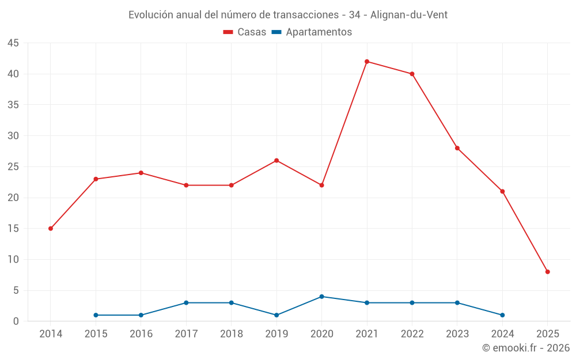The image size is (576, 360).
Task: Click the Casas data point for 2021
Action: point(367,62)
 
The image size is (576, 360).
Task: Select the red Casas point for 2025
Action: point(547,272)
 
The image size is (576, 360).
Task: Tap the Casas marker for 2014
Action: point(51,229)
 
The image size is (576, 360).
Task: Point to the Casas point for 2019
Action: point(276,161)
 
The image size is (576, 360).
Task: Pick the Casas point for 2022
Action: point(412,74)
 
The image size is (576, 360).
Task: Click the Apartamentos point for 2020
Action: point(321,297)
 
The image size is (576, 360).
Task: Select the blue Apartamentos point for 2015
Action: point(96,315)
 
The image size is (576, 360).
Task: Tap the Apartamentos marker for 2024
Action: point(502,315)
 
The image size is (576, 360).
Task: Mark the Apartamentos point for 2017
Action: point(186,303)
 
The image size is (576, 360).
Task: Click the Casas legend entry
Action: point(245,32)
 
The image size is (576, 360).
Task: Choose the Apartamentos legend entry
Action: point(312,32)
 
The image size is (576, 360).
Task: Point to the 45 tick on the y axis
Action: point(13,43)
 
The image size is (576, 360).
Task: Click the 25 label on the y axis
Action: point(13,167)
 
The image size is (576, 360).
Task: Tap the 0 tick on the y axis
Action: point(16,321)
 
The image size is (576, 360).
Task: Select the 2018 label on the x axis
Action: point(231,334)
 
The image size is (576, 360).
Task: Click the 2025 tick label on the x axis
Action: point(547,334)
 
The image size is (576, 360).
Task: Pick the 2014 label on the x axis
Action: point(51,334)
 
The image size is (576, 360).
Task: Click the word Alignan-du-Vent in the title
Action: point(409,15)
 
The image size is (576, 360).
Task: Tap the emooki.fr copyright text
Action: point(526,348)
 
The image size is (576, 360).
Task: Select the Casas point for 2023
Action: point(457,148)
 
